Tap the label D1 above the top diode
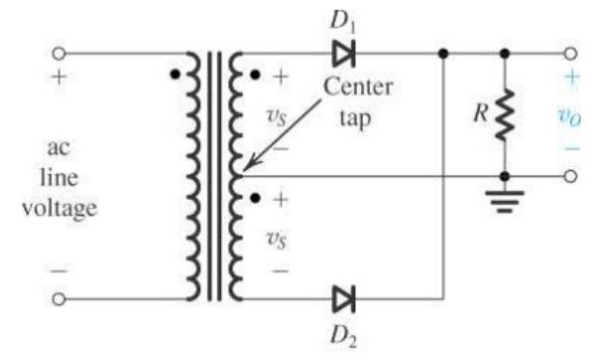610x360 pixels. [345, 15]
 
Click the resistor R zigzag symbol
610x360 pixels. [504, 114]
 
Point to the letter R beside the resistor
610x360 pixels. [477, 114]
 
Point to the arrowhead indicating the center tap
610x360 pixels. [247, 168]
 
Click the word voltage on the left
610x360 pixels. [59, 208]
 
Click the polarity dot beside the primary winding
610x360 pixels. [174, 73]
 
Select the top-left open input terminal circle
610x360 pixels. [59, 52]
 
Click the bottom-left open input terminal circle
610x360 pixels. [59, 299]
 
